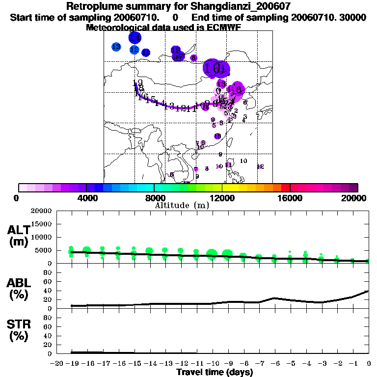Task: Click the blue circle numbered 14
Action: tap(135, 37)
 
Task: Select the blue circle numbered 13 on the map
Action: tap(116, 47)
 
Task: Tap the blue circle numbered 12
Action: tap(135, 50)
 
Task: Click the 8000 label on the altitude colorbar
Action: tap(154, 198)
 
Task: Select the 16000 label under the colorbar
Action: tap(290, 198)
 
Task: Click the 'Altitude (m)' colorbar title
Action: tap(182, 205)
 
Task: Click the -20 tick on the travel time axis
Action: tap(56, 363)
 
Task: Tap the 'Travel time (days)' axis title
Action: tap(215, 372)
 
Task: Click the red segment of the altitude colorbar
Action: tap(285, 188)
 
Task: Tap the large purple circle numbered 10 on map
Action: tap(213, 68)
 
